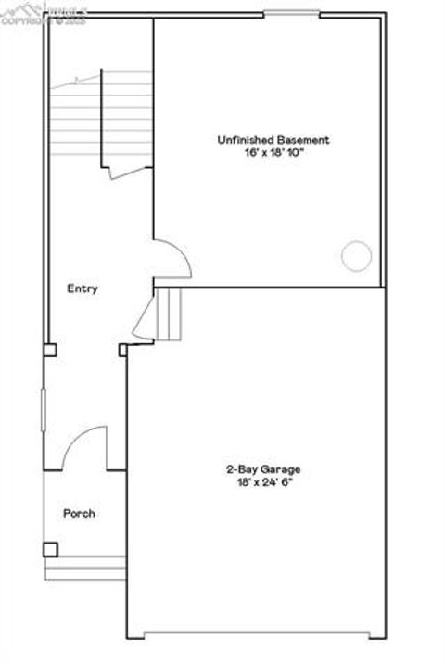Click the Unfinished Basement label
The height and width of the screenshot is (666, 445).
click(x=273, y=140)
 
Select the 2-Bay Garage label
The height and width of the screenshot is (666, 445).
click(x=263, y=469)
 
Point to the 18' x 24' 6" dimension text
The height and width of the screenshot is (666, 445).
click(x=263, y=482)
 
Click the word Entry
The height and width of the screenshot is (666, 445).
click(x=83, y=288)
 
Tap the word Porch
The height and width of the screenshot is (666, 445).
click(x=79, y=513)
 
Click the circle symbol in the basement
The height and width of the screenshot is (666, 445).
click(x=356, y=255)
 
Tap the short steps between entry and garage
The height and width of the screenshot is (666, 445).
click(x=170, y=314)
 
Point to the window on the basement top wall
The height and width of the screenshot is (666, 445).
click(x=292, y=12)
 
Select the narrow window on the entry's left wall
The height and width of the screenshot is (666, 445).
click(x=44, y=409)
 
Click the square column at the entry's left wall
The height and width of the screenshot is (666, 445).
click(x=49, y=351)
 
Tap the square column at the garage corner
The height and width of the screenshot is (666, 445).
click(x=123, y=350)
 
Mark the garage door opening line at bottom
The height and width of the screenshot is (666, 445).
click(x=263, y=635)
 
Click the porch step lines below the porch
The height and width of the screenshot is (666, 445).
click(x=85, y=568)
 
